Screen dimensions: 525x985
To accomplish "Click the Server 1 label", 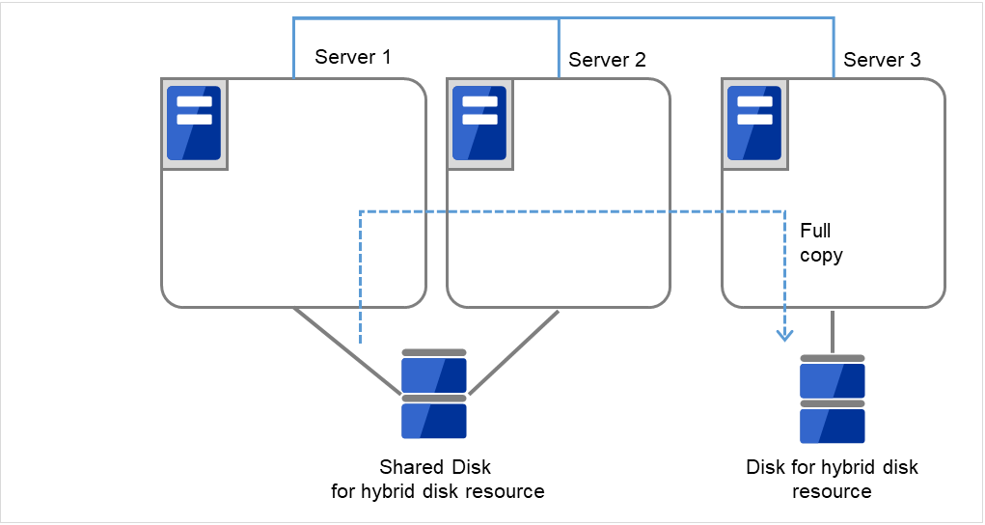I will click(x=352, y=58).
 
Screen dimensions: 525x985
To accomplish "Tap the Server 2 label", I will click(x=607, y=60).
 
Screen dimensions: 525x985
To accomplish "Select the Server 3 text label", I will click(x=882, y=60).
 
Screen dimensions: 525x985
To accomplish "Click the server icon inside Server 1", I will click(x=194, y=124).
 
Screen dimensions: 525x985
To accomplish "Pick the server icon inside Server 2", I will click(x=479, y=124).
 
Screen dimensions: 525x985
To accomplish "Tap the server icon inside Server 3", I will click(x=753, y=124).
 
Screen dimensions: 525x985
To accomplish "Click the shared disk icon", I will click(x=434, y=395).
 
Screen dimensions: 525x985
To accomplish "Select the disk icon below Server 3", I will click(x=832, y=400).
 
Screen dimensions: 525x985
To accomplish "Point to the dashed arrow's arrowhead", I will click(x=785, y=335).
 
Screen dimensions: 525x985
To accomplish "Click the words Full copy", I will click(x=821, y=243).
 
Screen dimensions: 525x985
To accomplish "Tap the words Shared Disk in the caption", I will click(x=435, y=467).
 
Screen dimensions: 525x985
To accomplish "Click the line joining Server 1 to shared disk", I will click(x=347, y=351).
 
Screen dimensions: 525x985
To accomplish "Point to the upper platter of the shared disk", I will click(x=434, y=372).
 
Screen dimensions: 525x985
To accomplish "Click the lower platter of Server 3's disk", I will click(x=832, y=425).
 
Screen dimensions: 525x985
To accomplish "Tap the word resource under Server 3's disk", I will click(x=832, y=492).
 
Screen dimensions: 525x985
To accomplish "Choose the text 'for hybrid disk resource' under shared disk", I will click(x=437, y=492).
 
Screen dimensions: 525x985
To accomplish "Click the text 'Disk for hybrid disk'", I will click(x=832, y=468).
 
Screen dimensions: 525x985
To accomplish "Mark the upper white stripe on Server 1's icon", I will click(x=194, y=102).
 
